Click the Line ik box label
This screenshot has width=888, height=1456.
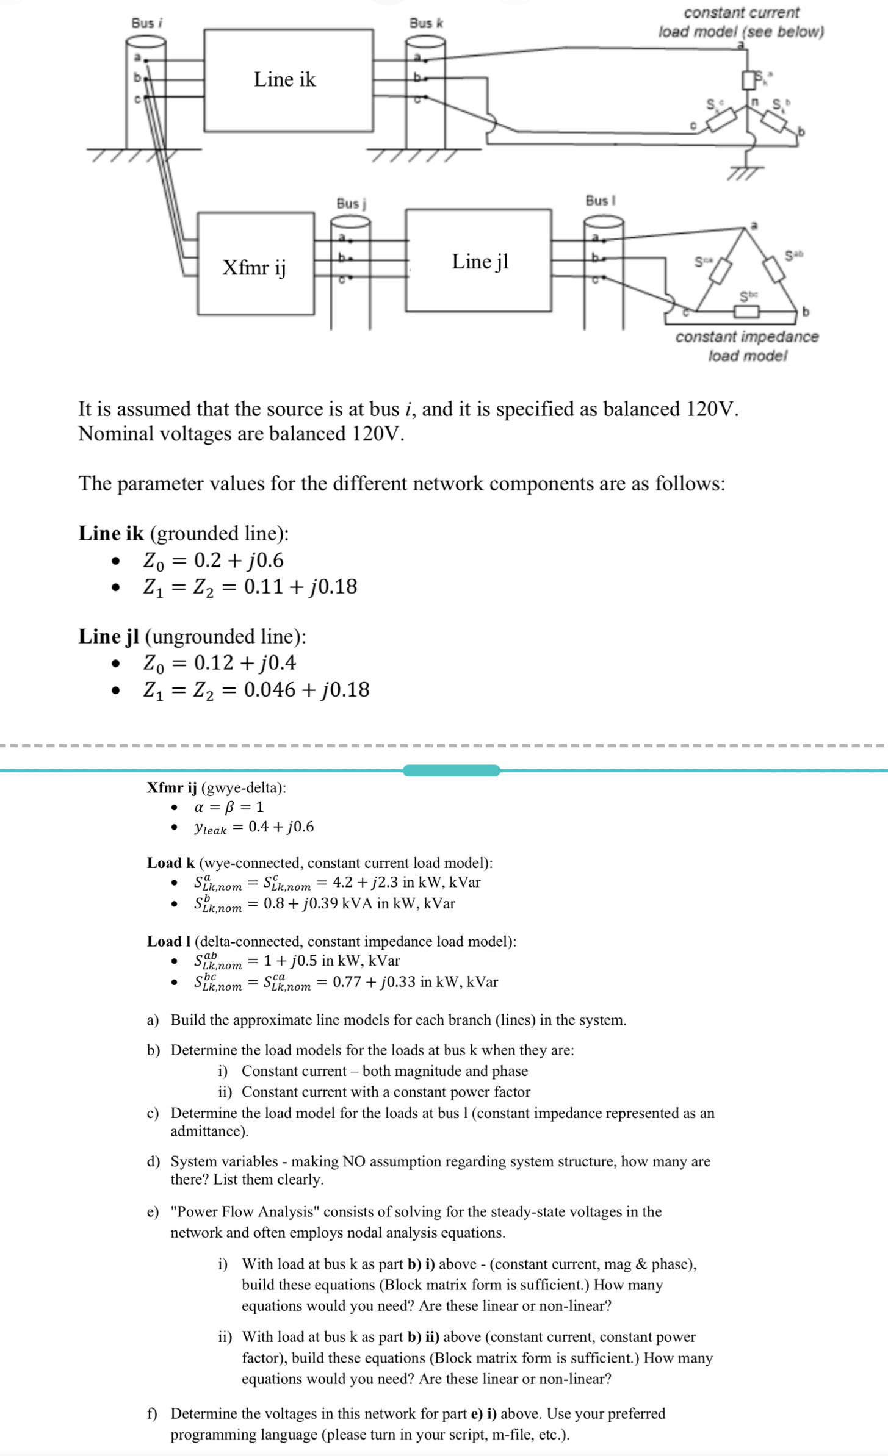(285, 79)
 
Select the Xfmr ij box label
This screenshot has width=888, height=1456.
(254, 267)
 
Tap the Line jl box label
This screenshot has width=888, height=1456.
(480, 261)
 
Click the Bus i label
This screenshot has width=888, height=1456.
(146, 23)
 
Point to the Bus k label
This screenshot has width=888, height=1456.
(426, 23)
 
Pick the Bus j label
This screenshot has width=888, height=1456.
(350, 203)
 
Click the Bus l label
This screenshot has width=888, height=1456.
(601, 200)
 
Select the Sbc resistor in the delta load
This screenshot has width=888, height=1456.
(746, 312)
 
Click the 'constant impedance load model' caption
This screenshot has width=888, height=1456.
(747, 345)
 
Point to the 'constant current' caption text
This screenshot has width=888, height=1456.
(741, 13)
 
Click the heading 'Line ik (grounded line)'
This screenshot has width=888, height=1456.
(183, 533)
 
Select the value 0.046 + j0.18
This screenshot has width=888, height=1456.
(306, 689)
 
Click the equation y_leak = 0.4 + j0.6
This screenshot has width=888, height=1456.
(253, 827)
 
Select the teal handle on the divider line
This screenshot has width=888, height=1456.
(451, 770)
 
